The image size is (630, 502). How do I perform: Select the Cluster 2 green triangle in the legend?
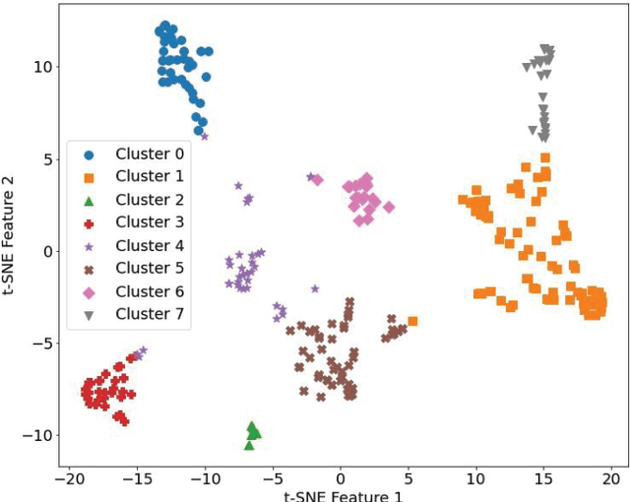click(90, 200)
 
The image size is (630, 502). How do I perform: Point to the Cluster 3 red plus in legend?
click(90, 222)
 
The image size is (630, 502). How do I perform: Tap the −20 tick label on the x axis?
click(68, 477)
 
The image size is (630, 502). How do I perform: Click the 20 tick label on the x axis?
click(612, 477)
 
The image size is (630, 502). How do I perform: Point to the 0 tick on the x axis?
click(341, 477)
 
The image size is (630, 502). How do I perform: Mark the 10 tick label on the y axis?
click(41, 67)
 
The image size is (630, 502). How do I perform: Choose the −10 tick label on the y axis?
click(35, 435)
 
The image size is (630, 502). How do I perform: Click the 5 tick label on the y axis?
click(45, 158)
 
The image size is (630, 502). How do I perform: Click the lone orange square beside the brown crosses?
click(412, 321)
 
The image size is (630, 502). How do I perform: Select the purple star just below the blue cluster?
click(205, 136)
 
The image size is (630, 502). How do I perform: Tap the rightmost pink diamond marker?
click(389, 207)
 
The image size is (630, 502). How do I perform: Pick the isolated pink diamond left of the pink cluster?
click(317, 180)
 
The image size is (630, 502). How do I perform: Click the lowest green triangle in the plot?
click(249, 445)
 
